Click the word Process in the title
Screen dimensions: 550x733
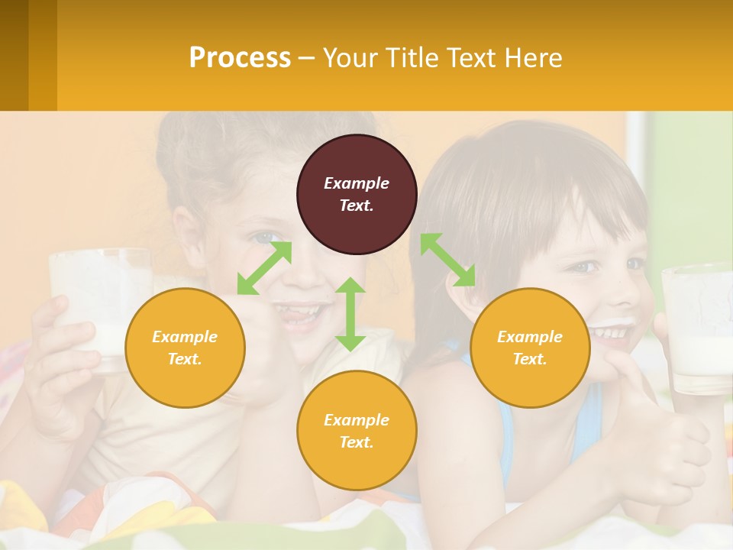(240, 58)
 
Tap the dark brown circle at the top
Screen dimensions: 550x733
(357, 195)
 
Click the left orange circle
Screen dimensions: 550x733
(185, 348)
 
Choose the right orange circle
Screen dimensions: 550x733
(530, 348)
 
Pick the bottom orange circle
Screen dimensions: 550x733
(357, 430)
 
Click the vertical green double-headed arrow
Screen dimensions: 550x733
(350, 314)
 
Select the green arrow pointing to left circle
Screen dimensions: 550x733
(264, 268)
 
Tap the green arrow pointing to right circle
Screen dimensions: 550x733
(448, 260)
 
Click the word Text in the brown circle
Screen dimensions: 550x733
(357, 205)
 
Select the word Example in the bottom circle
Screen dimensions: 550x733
(357, 419)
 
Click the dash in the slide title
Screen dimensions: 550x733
(307, 58)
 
